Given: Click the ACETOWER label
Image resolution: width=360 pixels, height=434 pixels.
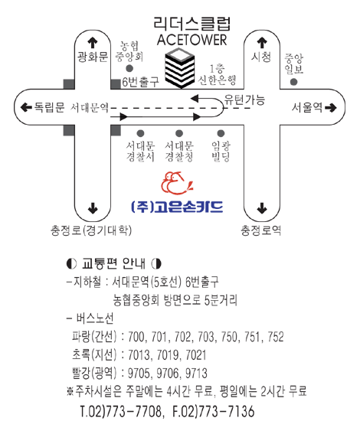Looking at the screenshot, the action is (191, 40).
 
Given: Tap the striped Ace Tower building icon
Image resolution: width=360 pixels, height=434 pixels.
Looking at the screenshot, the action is (180, 68).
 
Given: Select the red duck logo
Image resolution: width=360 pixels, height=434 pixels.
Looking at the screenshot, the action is (176, 183).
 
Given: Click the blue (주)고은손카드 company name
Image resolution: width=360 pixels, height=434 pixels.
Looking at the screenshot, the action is (177, 207).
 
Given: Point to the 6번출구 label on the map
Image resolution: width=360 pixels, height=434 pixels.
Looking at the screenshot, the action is (141, 82).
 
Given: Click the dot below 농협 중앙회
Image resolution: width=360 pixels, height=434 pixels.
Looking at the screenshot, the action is (129, 68).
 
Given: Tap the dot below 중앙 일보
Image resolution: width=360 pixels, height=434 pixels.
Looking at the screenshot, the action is (293, 82).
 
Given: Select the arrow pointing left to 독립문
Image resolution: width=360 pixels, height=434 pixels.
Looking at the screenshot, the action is (26, 107).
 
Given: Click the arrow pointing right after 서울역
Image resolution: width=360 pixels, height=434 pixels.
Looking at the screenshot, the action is (331, 107).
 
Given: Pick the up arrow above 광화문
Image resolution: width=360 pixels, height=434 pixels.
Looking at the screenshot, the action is (93, 43).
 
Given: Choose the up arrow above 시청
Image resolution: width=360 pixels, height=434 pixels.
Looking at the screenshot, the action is (262, 43).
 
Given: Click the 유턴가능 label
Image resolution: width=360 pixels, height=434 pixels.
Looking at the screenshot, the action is (244, 100).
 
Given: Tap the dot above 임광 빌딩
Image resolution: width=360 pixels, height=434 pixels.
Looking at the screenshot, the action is (221, 134).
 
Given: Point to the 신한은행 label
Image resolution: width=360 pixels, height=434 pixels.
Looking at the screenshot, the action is (217, 80).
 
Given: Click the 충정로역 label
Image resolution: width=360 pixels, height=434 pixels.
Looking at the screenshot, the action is (261, 230).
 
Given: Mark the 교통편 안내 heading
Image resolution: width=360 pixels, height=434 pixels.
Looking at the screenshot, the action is (114, 263).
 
